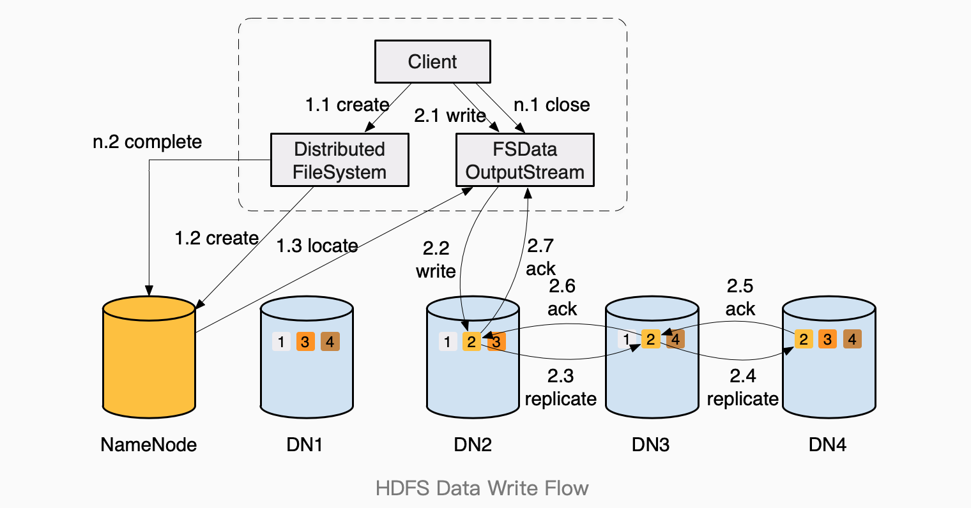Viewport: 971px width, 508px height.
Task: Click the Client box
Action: coord(432,62)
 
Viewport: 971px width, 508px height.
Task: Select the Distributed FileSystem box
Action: coord(339,160)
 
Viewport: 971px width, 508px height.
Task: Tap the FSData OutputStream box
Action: coord(524,160)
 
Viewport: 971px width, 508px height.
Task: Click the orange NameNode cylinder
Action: coord(149,361)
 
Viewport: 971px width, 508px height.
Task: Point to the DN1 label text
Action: coord(304,445)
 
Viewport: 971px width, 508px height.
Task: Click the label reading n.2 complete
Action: coord(147,142)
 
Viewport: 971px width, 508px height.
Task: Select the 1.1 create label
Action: coord(347,105)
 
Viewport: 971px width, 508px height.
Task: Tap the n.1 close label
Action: coord(551,105)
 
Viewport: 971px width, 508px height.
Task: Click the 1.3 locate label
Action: coord(316,246)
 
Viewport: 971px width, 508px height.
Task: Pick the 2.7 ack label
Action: coord(540,257)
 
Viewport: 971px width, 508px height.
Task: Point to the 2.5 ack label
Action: coord(740,297)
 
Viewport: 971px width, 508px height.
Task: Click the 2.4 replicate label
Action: coord(742,387)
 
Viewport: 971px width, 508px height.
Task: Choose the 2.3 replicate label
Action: coord(560,387)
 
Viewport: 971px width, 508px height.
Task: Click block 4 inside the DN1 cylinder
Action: coord(330,341)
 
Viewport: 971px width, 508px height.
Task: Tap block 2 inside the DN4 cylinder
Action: coord(803,339)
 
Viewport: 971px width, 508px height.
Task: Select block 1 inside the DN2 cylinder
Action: coord(447,341)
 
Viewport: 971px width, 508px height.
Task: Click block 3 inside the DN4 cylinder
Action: coord(827,339)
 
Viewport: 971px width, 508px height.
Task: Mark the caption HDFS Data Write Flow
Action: coord(482,489)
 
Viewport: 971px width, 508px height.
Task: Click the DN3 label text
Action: coord(650,445)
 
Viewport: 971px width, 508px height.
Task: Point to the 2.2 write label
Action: coord(436,260)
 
